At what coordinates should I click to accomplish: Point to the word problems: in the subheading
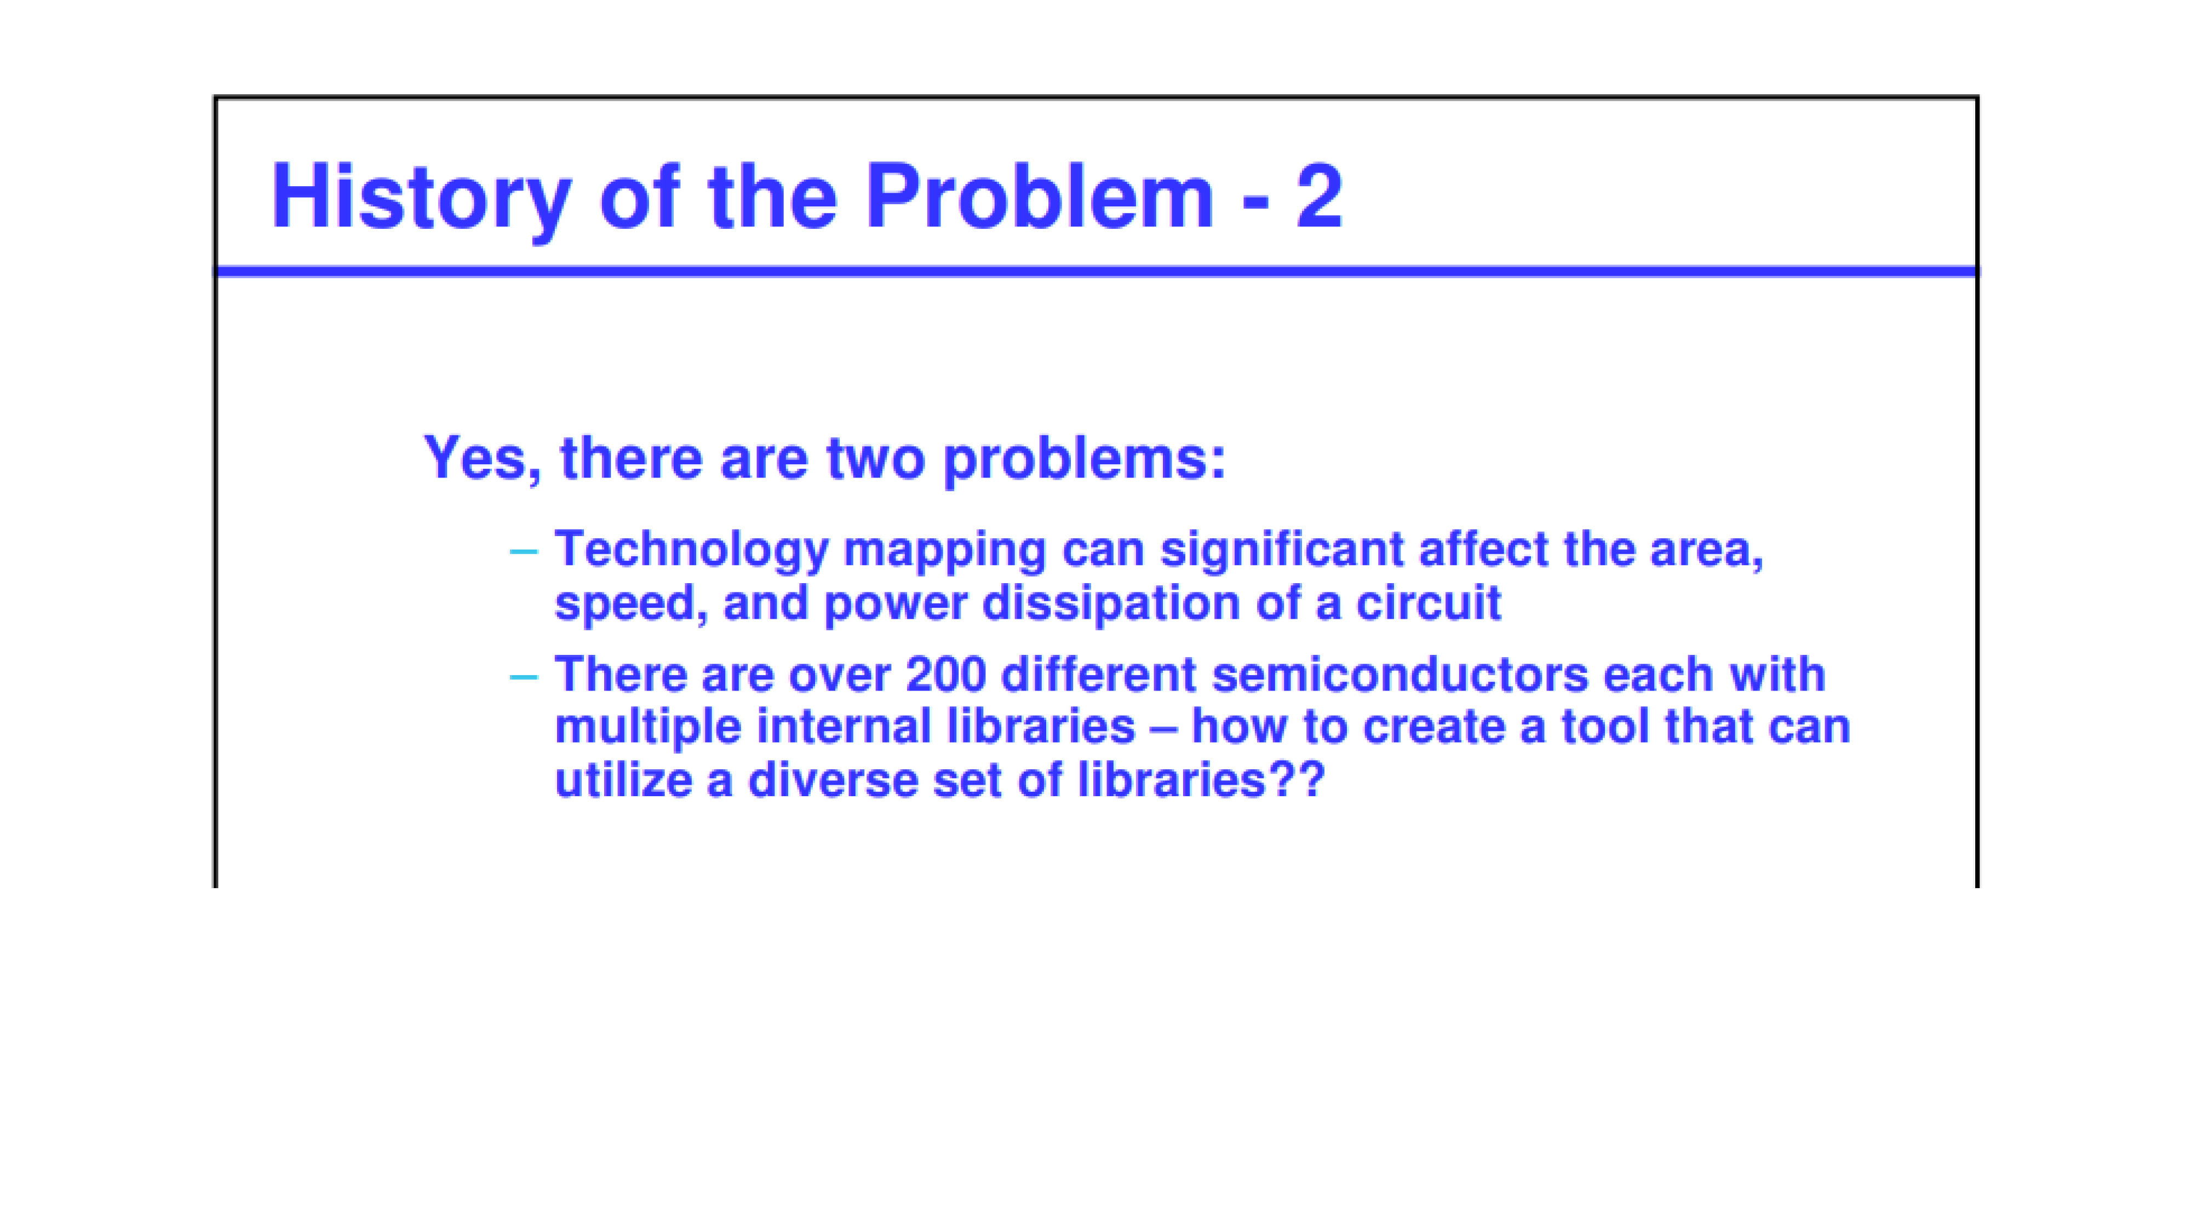1085,462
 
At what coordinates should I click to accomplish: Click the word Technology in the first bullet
691,551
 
